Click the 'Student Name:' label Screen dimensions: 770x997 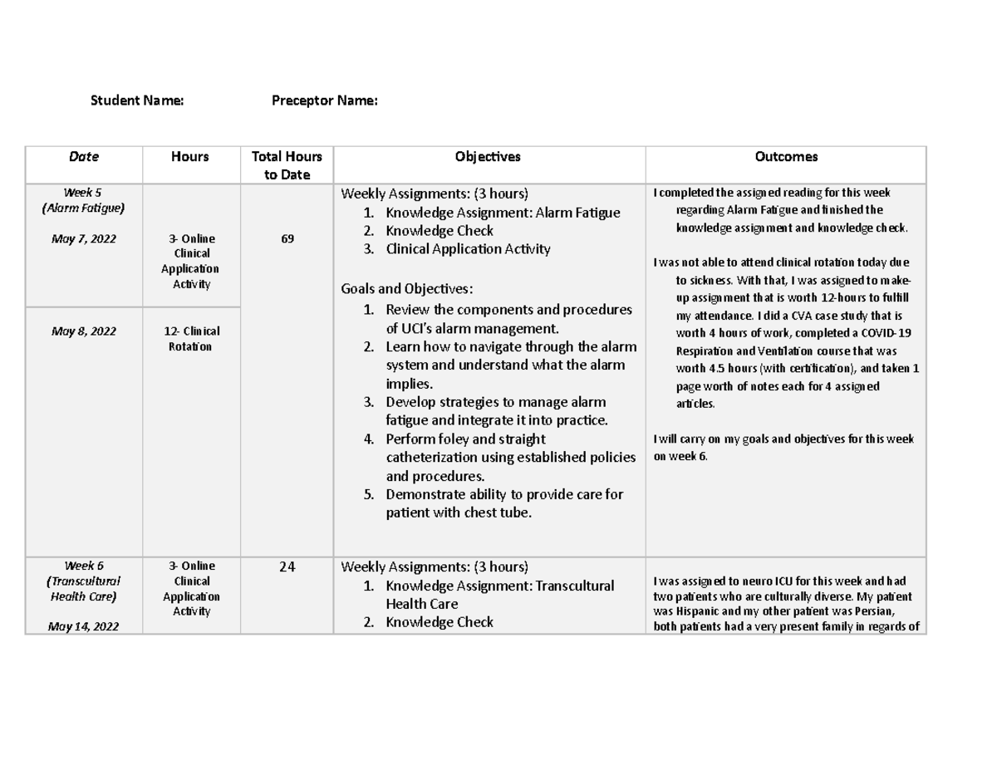coord(137,101)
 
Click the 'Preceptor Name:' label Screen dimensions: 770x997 coord(325,101)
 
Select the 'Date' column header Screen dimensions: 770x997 coord(84,156)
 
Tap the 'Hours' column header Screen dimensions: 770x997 coord(190,156)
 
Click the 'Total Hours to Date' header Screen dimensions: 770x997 coord(286,165)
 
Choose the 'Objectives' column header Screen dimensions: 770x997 coord(488,156)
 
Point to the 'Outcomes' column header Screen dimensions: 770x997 coord(785,156)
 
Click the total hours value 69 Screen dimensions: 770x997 coord(286,239)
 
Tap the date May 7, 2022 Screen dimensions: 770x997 coord(84,239)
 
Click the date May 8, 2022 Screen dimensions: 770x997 coord(84,331)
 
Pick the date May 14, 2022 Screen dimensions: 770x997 coord(84,626)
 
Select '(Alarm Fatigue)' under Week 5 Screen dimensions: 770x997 coord(84,208)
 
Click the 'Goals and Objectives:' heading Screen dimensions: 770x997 coord(407,289)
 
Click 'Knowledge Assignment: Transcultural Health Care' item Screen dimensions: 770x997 coord(498,594)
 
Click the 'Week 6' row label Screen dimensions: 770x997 coord(84,566)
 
